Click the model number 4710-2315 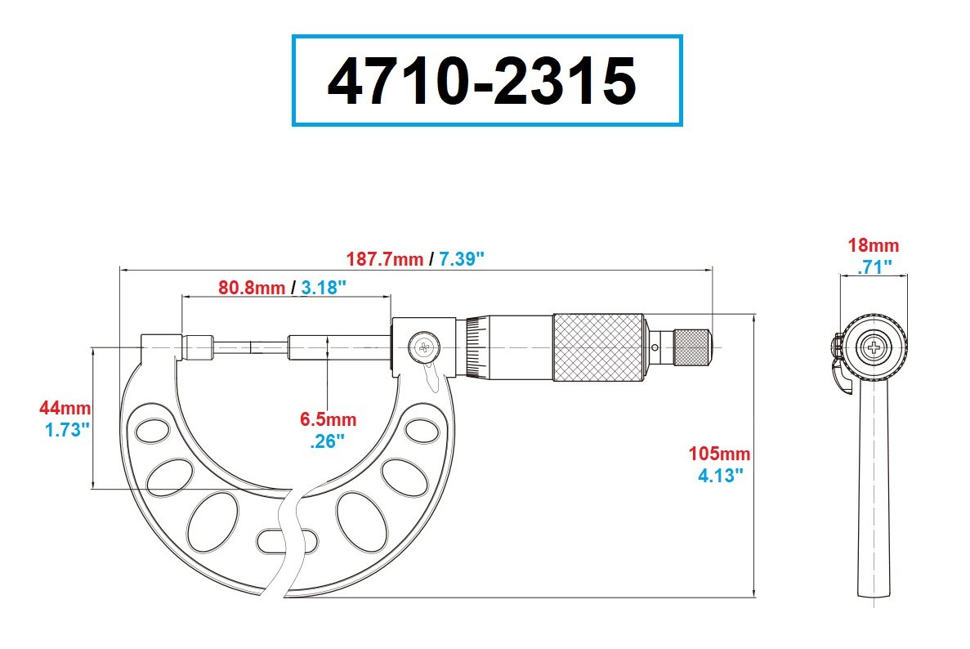pyautogui.click(x=481, y=81)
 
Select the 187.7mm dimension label pyautogui.click(x=384, y=258)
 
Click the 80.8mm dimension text pyautogui.click(x=252, y=288)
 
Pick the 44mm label pyautogui.click(x=65, y=409)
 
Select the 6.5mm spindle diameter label pyautogui.click(x=328, y=419)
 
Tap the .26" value pyautogui.click(x=327, y=441)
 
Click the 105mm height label pyautogui.click(x=719, y=454)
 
